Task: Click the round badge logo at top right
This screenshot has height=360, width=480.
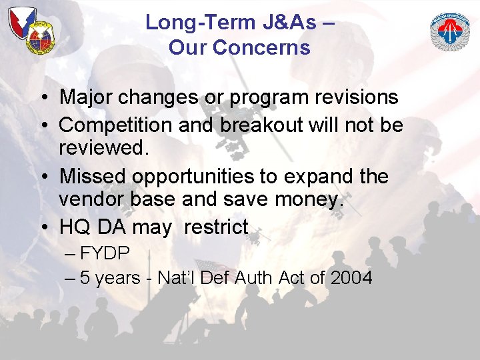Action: pos(450,31)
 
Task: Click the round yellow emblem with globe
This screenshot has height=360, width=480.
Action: pos(41,39)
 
